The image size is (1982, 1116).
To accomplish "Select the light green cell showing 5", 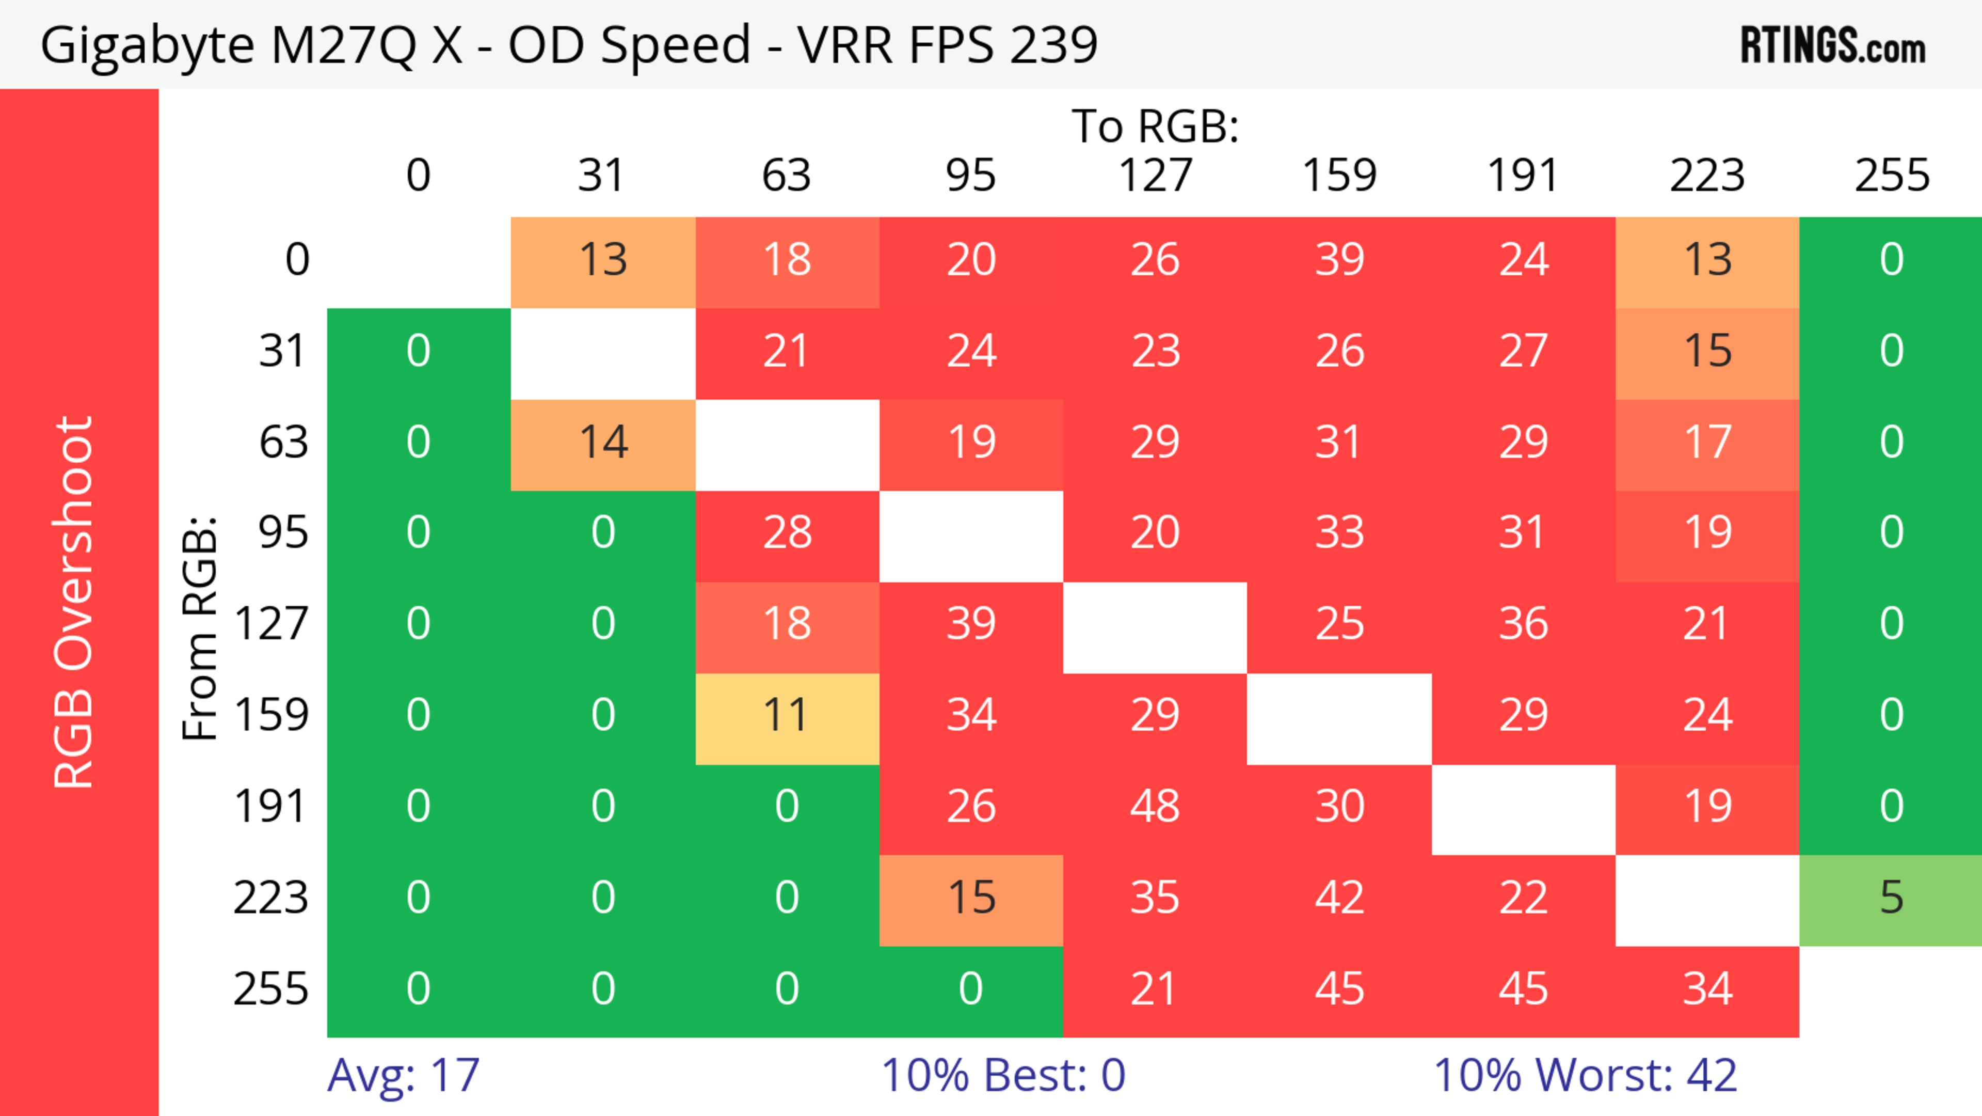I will point(1891,898).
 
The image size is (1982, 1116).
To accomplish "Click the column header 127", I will point(1155,176).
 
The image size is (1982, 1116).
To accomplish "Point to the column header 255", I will point(1891,176).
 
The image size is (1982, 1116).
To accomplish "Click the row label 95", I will point(283,532).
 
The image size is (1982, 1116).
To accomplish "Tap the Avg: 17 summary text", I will point(403,1075).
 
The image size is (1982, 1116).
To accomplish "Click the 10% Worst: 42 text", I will point(1585,1075).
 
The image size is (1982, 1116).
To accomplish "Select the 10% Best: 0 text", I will point(1002,1075).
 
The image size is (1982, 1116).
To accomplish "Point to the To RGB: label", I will point(1155,126).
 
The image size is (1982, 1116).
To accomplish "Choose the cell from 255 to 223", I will point(1707,989).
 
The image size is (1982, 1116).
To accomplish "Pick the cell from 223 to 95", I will point(971,898).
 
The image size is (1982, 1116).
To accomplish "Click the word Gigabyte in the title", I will point(146,44).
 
